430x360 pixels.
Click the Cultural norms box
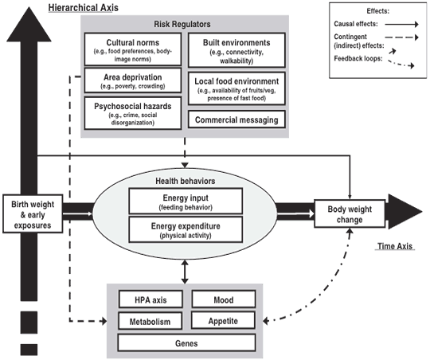pyautogui.click(x=132, y=49)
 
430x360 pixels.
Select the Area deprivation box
pyautogui.click(x=132, y=80)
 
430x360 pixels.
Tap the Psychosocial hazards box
pyautogui.click(x=132, y=112)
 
